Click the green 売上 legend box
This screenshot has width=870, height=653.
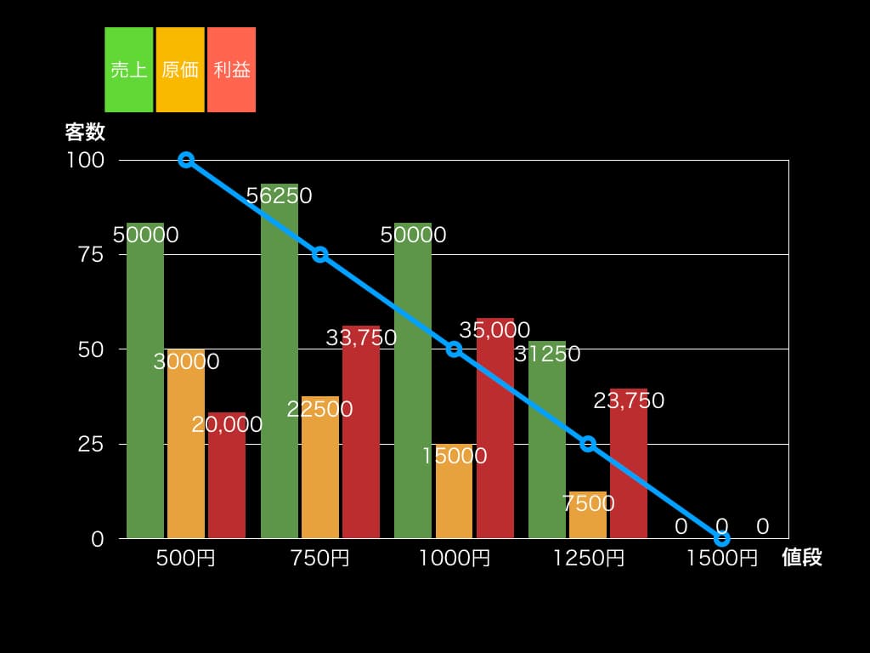pos(129,70)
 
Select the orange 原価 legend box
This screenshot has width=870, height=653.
pos(180,70)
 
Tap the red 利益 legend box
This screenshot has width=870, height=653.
pos(231,70)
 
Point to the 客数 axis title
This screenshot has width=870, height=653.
pos(85,132)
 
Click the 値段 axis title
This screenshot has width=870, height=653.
pos(802,558)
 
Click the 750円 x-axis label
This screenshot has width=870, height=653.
pos(319,559)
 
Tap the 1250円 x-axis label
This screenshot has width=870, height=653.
pos(588,559)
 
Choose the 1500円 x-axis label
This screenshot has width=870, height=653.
pos(722,559)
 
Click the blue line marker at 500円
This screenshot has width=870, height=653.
pos(186,160)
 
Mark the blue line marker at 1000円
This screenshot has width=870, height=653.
pos(454,349)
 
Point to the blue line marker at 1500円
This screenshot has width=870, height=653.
pos(722,538)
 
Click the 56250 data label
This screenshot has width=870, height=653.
pos(280,196)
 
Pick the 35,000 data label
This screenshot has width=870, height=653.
pos(494,330)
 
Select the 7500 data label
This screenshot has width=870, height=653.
pos(588,503)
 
